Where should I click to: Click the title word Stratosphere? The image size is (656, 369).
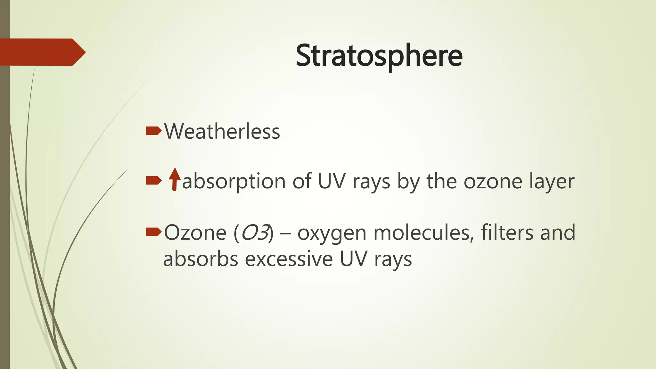point(379,56)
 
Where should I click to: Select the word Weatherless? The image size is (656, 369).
point(222,131)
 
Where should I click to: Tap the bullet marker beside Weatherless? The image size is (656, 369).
point(153,131)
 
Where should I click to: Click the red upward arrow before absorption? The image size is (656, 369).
point(175,179)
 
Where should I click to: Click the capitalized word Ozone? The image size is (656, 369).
point(195,233)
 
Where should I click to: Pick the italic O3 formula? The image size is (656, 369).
point(255,233)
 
